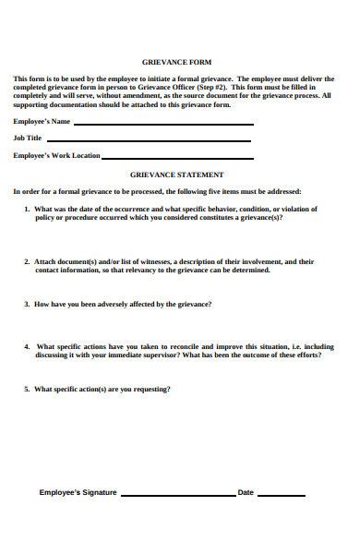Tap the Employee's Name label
coord(42,122)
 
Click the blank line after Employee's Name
coord(162,124)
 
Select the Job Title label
coord(28,138)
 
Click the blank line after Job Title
coord(148,140)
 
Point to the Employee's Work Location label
coord(56,155)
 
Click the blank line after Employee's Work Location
coord(175,157)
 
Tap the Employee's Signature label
coord(78,492)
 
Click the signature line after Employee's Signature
coord(177,495)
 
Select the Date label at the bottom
coord(246,492)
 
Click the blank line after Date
coord(281,495)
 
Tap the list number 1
coord(26,210)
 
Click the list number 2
coord(26,261)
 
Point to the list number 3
coord(26,304)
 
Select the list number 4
coord(26,346)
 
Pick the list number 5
coord(26,389)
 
